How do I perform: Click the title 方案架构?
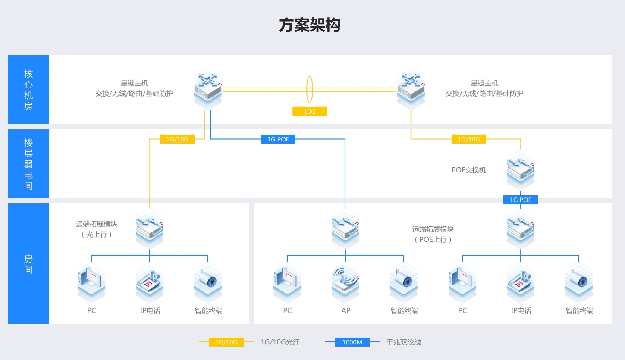pos(309,25)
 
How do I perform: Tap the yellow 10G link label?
pos(310,112)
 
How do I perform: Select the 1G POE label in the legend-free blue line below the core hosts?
pos(278,139)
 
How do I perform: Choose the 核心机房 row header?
pos(28,90)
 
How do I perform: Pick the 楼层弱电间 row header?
pos(28,164)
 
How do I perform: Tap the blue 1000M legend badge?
pos(352,342)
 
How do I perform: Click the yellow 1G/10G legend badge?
pos(226,342)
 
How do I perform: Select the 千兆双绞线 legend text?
pos(404,342)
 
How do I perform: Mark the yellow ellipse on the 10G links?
pos(310,90)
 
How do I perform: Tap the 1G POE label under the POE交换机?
pos(521,200)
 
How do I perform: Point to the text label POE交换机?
pos(469,170)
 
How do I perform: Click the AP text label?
pos(345,310)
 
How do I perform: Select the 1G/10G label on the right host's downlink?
pos(469,139)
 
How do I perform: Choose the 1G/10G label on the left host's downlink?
pos(177,139)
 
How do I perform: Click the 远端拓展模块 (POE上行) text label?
pos(433,235)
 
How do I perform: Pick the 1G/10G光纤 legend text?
pos(280,342)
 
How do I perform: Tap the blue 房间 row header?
pos(28,264)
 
